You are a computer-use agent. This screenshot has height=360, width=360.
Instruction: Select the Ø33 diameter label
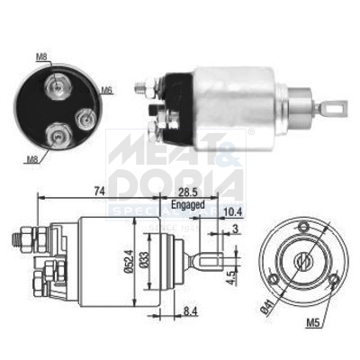pyautogui.click(x=145, y=264)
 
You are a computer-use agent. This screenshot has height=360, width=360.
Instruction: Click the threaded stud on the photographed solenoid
pyautogui.click(x=141, y=87)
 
